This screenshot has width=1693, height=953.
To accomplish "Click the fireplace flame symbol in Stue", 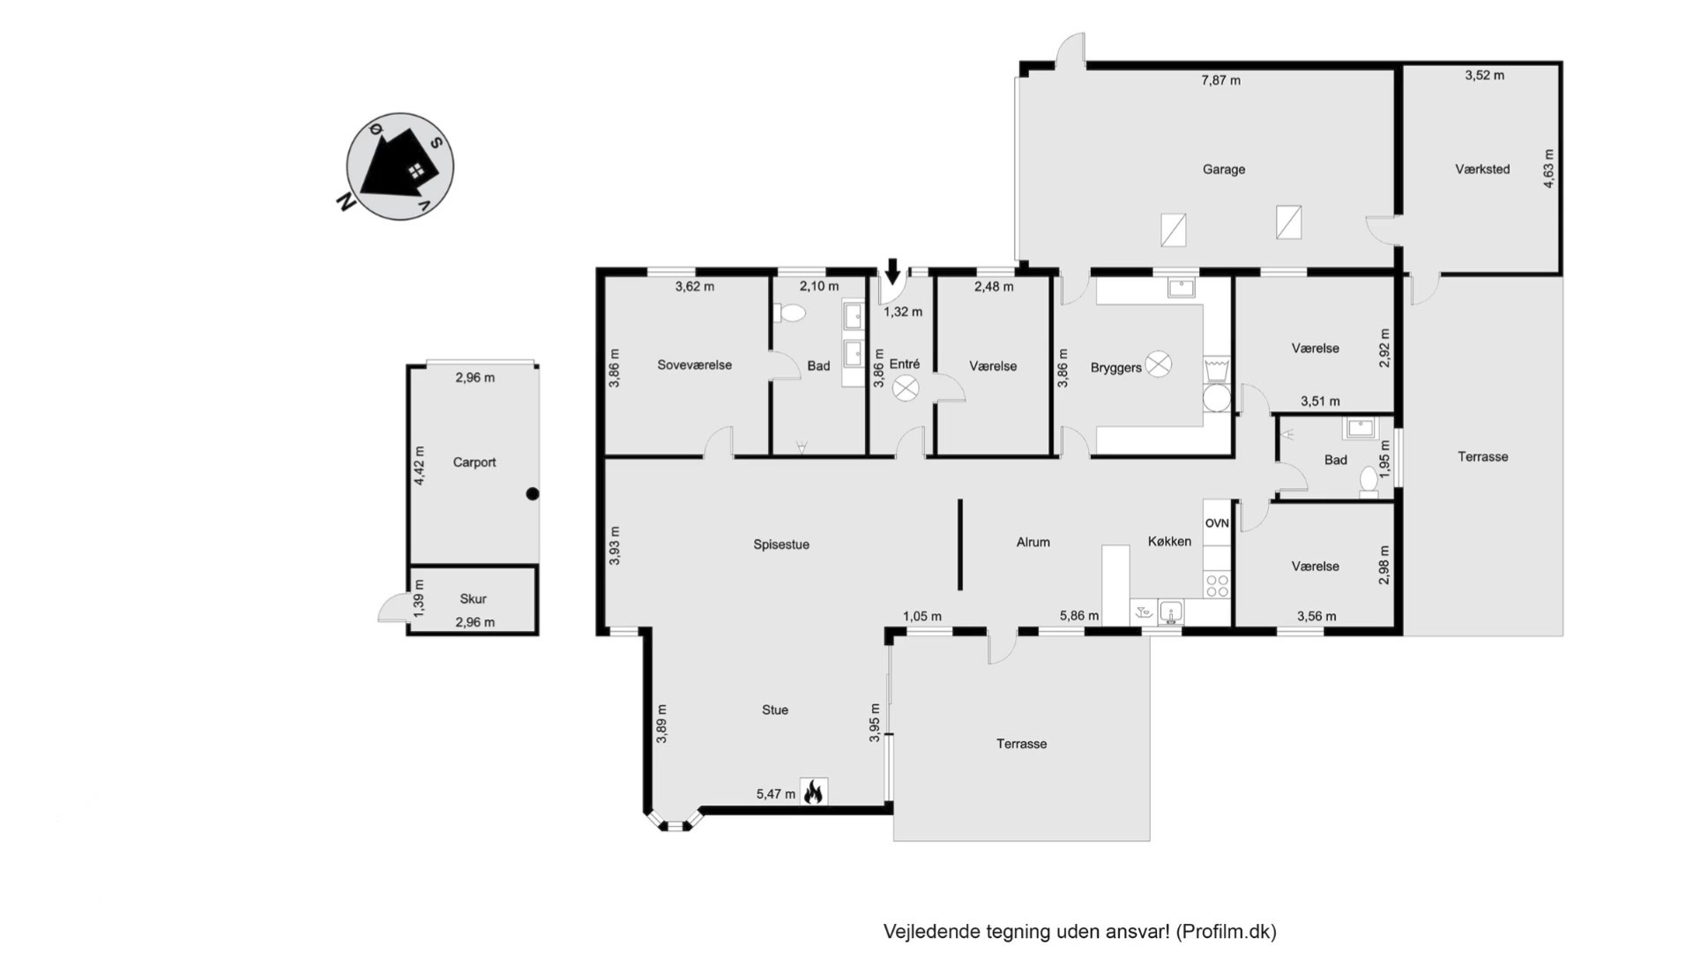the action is tap(813, 792).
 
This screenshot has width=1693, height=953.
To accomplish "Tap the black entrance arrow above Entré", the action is tap(892, 271).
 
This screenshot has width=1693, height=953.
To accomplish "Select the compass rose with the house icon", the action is tap(400, 166).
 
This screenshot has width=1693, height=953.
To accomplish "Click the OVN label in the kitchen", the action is tap(1217, 523).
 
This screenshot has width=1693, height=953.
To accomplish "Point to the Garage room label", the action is tap(1224, 169).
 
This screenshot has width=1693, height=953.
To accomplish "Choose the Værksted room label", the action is tap(1482, 169).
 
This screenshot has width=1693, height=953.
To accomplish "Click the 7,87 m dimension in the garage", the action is tap(1220, 80).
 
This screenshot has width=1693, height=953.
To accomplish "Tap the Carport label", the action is tap(474, 462).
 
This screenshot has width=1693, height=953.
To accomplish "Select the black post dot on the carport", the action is tap(533, 494).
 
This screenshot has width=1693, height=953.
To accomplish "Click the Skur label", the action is tap(474, 598).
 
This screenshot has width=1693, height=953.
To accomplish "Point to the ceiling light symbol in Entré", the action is tap(906, 388).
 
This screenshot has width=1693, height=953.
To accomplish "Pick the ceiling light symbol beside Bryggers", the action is tap(1159, 364).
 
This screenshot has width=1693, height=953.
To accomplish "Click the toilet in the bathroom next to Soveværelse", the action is tap(791, 312).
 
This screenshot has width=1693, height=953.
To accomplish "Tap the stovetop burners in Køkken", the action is tap(1217, 585).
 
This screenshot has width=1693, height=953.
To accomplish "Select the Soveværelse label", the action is tap(695, 365).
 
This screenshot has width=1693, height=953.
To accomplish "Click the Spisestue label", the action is tap(781, 544).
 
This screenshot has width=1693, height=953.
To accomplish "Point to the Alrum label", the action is tap(1033, 543).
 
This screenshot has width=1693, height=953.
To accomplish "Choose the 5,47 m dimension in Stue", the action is tap(776, 794).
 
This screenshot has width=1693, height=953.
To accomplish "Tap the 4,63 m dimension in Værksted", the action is tap(1549, 169).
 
